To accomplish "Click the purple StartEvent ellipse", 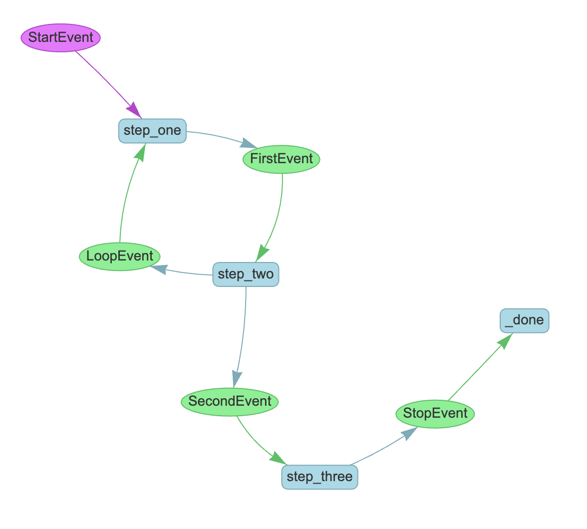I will click(x=61, y=37).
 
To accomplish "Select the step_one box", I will click(x=152, y=131).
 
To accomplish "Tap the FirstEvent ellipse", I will click(x=282, y=159).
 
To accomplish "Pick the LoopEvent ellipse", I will click(x=120, y=257).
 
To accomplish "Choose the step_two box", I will click(x=246, y=274).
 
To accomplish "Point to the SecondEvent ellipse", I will click(x=230, y=401).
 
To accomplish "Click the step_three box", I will click(x=319, y=477).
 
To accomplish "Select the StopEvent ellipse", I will click(x=435, y=414).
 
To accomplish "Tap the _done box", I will click(x=524, y=320).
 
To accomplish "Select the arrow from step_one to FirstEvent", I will click(x=215, y=136).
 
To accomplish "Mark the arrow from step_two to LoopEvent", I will click(x=187, y=272).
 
